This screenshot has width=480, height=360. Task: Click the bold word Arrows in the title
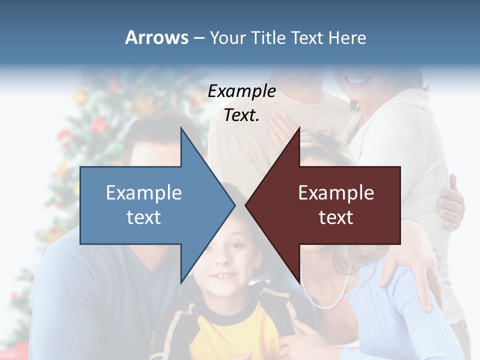pyautogui.click(x=156, y=37)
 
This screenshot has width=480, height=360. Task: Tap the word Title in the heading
pyautogui.click(x=268, y=37)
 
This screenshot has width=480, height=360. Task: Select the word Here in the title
pyautogui.click(x=347, y=37)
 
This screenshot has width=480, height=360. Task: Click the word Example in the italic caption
pyautogui.click(x=242, y=91)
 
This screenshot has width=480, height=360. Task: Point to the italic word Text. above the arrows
pyautogui.click(x=241, y=115)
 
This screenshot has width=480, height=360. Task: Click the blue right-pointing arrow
pyautogui.click(x=150, y=205)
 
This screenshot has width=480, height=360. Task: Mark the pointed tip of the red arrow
pyautogui.click(x=246, y=205)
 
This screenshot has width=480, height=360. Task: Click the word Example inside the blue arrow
pyautogui.click(x=144, y=193)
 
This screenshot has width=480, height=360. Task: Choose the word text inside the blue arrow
pyautogui.click(x=144, y=217)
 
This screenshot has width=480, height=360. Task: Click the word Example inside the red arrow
pyautogui.click(x=336, y=193)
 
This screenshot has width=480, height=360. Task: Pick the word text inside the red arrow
pyautogui.click(x=336, y=217)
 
